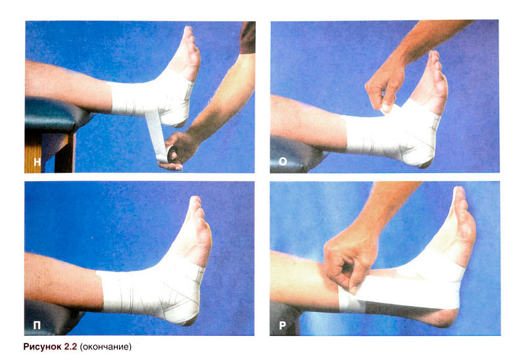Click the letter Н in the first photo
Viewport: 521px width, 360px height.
37,162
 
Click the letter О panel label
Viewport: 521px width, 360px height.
283,161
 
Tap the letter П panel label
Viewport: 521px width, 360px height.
37,325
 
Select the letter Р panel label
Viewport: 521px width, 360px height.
282,325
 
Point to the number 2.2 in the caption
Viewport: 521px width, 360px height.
71,347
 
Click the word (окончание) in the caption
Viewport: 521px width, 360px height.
106,347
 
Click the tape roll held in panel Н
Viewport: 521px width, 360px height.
172,153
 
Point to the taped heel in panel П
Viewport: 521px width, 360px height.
186,311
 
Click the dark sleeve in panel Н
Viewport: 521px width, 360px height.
247,38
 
